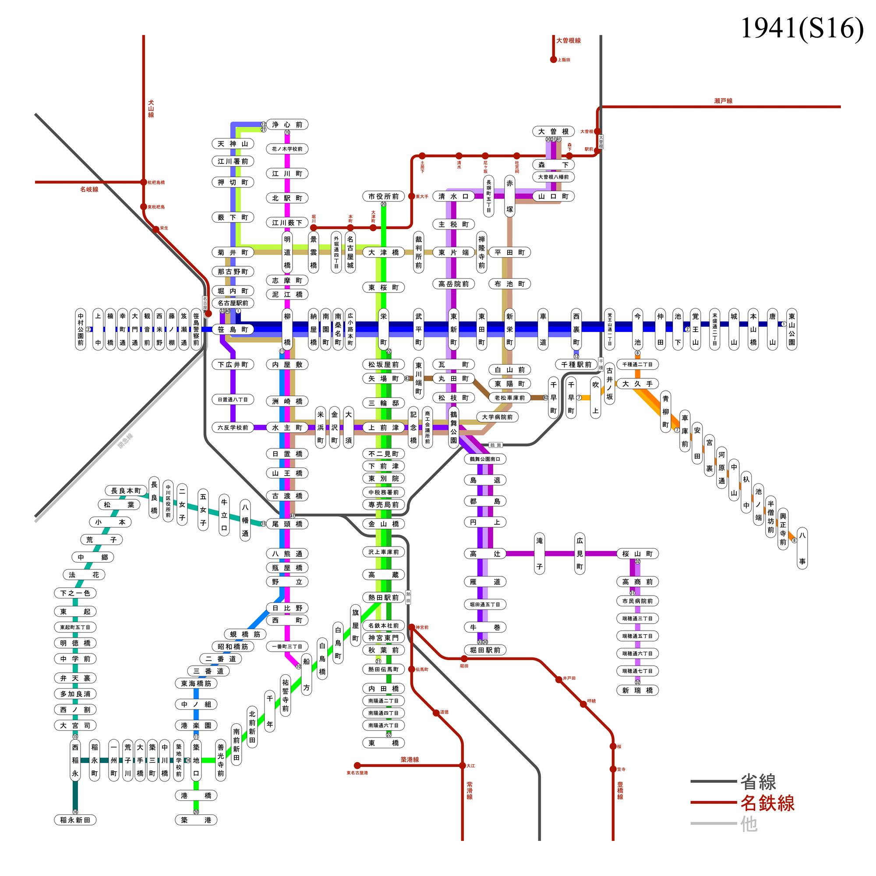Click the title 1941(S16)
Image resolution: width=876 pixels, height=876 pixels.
(802, 28)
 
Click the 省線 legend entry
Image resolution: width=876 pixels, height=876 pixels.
(758, 782)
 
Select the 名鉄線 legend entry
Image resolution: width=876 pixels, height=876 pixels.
(767, 803)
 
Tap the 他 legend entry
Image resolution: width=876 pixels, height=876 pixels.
(749, 824)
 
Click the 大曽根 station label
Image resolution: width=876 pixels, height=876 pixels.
(553, 131)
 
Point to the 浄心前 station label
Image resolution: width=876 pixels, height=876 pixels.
(287, 125)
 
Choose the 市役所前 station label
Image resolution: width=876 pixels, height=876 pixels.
(384, 196)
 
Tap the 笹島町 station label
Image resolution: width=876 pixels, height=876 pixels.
(233, 330)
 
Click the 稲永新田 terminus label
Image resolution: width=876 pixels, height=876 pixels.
(75, 820)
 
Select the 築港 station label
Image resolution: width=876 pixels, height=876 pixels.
(196, 820)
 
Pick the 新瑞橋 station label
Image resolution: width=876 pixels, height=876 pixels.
(637, 691)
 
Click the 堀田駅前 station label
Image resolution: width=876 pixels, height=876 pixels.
(485, 650)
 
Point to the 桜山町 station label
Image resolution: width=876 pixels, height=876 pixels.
(637, 554)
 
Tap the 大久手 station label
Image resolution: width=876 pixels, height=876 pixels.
(637, 384)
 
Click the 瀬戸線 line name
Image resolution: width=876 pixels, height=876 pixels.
(723, 101)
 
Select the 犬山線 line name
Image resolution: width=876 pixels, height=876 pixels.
(151, 109)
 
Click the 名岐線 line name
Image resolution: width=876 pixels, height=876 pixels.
(89, 190)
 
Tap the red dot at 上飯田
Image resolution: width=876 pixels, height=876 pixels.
(554, 60)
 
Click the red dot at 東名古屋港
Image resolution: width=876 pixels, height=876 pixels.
(357, 766)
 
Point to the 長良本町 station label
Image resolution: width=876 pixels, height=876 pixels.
(126, 491)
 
